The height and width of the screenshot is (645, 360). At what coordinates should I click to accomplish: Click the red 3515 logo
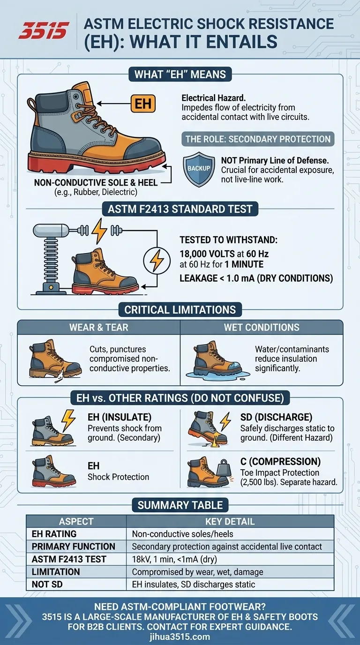click(44, 30)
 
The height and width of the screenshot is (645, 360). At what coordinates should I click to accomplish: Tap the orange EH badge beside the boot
click(143, 104)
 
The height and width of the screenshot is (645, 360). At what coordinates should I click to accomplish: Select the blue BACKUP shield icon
click(199, 169)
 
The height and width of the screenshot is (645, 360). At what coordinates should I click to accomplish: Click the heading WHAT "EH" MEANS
click(180, 75)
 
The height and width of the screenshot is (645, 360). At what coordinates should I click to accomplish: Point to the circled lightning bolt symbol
click(157, 262)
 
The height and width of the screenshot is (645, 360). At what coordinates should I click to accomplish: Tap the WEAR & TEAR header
click(99, 327)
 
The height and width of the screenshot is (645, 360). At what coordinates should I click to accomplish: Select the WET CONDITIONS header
click(262, 327)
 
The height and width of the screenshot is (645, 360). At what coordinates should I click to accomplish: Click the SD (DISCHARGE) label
click(276, 417)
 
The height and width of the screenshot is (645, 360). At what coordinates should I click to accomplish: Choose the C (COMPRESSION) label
click(280, 461)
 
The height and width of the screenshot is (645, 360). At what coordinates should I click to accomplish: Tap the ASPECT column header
click(76, 521)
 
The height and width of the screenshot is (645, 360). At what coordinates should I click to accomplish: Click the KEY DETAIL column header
click(230, 521)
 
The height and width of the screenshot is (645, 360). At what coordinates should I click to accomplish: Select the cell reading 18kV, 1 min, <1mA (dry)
click(174, 559)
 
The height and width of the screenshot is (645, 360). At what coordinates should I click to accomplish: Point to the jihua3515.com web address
click(180, 637)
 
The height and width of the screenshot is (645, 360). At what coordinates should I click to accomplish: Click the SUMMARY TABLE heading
click(180, 505)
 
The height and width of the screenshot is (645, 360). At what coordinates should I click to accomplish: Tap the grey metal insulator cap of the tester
click(51, 230)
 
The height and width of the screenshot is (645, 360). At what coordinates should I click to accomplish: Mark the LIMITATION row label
click(56, 572)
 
